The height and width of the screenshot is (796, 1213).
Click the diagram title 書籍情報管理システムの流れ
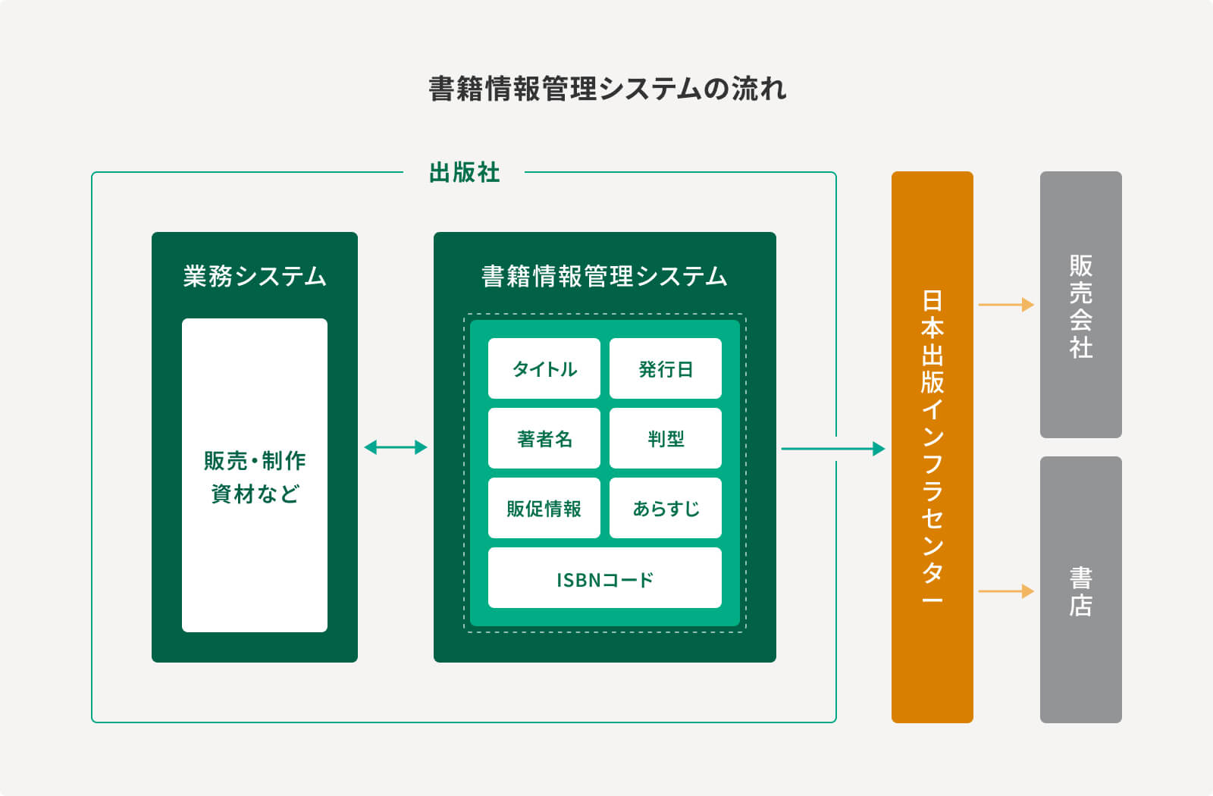(607, 89)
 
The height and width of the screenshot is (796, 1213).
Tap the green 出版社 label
(464, 173)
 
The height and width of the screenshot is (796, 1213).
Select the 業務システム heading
(255, 276)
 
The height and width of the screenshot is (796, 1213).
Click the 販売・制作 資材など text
(255, 477)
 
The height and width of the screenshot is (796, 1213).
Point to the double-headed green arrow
(396, 447)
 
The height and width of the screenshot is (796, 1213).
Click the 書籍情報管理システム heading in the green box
(604, 276)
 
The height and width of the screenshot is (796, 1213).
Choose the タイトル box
(544, 368)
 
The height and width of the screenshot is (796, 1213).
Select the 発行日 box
(666, 368)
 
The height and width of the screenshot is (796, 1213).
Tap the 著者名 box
(544, 439)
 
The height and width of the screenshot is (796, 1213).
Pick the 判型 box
(666, 439)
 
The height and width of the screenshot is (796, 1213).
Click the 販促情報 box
(544, 509)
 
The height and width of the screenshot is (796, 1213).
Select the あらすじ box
(666, 509)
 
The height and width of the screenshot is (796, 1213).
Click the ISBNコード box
(605, 578)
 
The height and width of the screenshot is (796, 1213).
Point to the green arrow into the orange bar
(833, 449)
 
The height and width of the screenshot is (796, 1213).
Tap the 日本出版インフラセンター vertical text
(932, 447)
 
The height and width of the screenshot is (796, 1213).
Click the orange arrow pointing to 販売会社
(1006, 305)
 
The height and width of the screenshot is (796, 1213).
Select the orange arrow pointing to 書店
(1006, 591)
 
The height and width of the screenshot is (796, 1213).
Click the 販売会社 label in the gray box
(1081, 306)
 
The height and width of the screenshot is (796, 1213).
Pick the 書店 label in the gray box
(1081, 592)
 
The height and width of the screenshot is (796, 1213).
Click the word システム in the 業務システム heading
(281, 276)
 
